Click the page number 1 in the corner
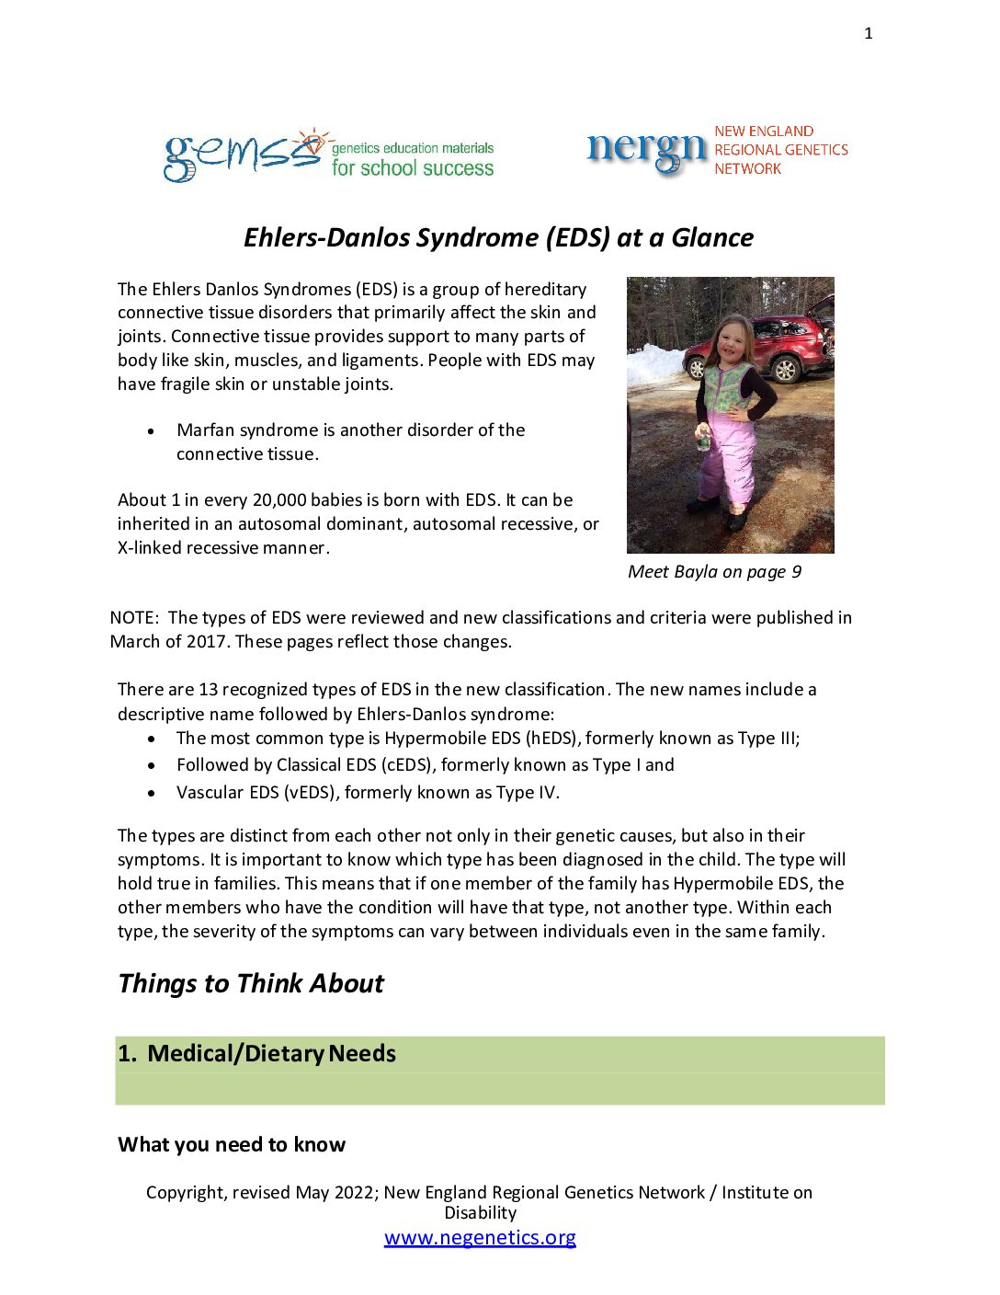(869, 34)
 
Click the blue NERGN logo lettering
(646, 150)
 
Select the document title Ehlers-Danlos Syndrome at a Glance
(498, 237)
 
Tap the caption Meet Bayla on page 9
(714, 571)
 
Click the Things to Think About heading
(251, 983)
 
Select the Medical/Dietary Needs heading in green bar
(271, 1053)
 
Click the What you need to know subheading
(232, 1144)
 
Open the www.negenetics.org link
(480, 1237)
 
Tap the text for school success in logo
(413, 168)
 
